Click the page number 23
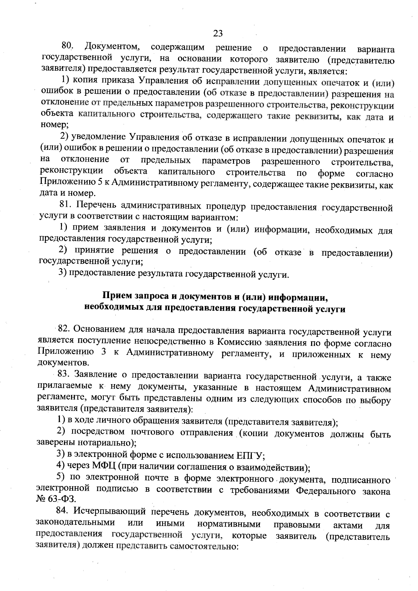(218, 33)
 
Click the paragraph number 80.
(67, 46)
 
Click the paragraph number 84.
(64, 511)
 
